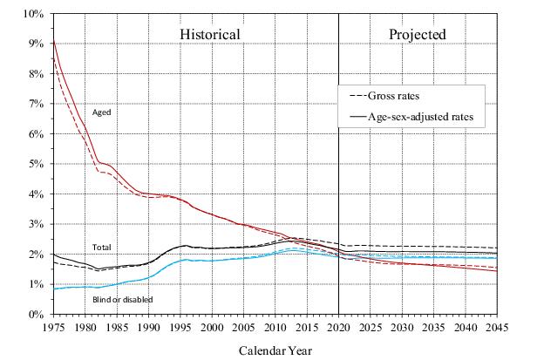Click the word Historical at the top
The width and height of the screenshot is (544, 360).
(210, 34)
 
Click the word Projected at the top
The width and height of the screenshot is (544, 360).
(418, 34)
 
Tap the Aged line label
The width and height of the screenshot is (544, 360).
(101, 112)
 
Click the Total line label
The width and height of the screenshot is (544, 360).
(102, 247)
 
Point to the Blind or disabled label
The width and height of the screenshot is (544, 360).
(122, 300)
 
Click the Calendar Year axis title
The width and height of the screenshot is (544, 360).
(275, 350)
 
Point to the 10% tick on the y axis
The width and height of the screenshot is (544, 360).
(33, 14)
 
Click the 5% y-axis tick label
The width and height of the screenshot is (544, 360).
(36, 164)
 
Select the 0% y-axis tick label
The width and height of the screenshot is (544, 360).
(36, 314)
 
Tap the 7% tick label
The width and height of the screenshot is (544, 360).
(36, 104)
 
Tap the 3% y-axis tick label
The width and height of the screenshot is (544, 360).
(36, 224)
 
